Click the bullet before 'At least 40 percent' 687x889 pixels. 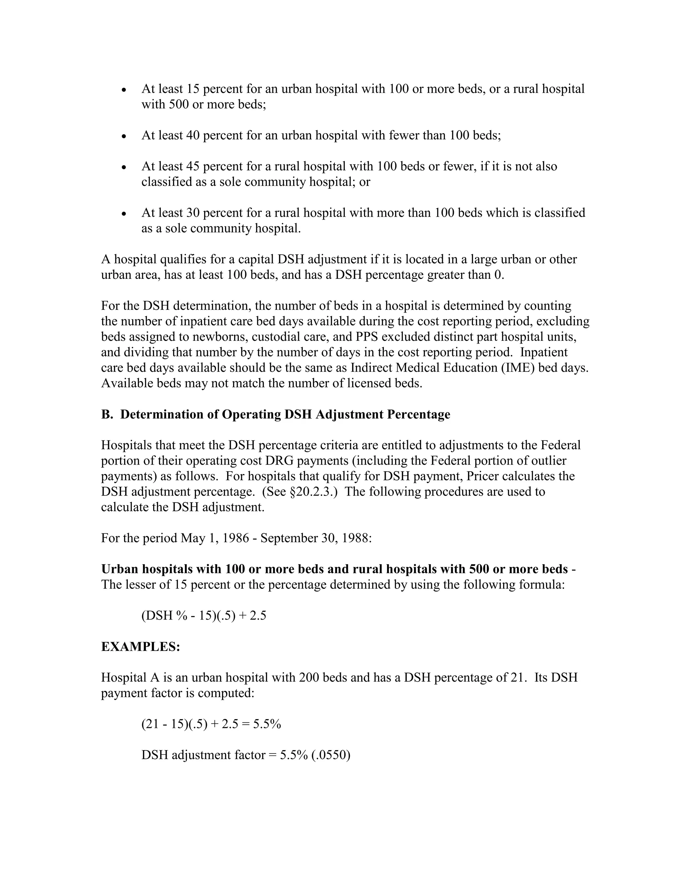tap(124, 136)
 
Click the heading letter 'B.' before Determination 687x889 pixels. tap(107, 414)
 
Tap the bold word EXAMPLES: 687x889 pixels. tap(141, 647)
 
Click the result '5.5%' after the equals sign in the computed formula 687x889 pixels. tap(267, 724)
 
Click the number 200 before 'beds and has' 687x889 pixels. tap(309, 678)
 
